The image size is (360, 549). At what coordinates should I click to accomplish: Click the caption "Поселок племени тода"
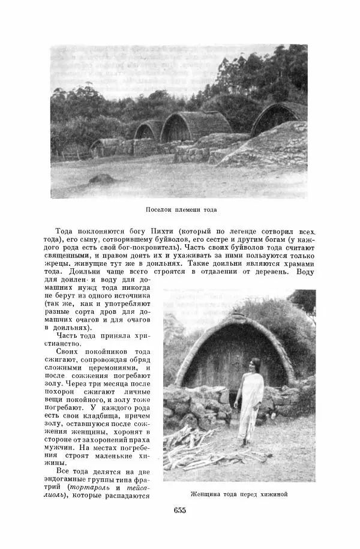181,210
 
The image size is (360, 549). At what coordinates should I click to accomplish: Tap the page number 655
180,511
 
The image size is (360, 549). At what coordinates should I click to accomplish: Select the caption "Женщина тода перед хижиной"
239,494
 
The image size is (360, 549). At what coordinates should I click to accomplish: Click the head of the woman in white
254,364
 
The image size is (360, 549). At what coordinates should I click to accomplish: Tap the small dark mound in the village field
102,179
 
